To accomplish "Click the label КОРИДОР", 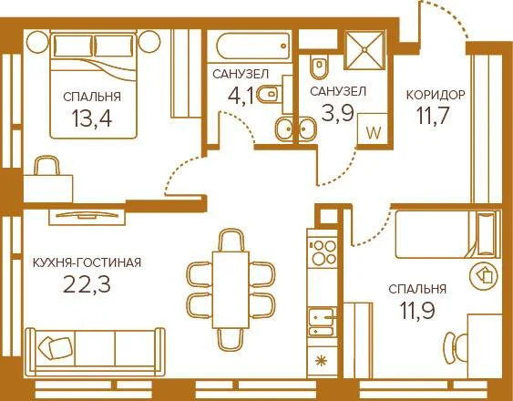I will (x=436, y=94).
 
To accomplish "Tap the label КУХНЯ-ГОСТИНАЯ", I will (x=87, y=262).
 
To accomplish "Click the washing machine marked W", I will (x=372, y=129).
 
